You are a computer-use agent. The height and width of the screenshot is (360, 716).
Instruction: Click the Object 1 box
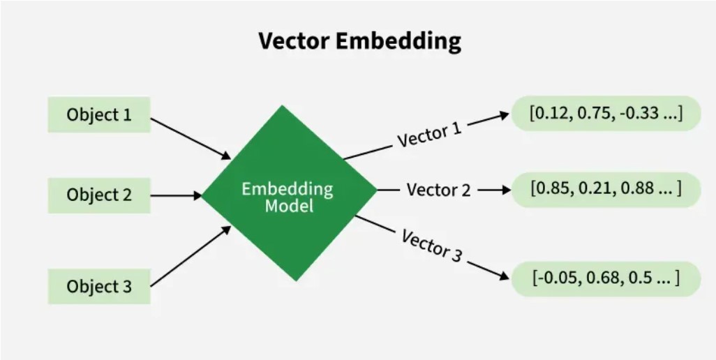(x=98, y=114)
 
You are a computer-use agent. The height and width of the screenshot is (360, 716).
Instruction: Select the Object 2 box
(x=98, y=195)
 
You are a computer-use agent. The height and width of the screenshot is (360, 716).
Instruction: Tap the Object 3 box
(x=98, y=286)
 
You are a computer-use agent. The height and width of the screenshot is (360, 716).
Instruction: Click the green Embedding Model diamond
(x=288, y=193)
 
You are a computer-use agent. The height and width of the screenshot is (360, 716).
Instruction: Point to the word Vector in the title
(x=293, y=41)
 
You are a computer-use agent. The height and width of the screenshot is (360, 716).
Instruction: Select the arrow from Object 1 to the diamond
(x=190, y=137)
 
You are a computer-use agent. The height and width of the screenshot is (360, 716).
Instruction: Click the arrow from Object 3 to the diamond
(x=190, y=256)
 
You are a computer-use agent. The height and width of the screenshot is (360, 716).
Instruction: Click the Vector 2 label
(x=438, y=190)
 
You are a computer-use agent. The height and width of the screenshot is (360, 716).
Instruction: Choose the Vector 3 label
(x=432, y=245)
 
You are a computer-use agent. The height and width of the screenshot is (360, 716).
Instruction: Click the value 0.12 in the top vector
(x=549, y=113)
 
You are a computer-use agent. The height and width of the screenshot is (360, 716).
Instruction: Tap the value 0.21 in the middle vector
(x=593, y=189)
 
